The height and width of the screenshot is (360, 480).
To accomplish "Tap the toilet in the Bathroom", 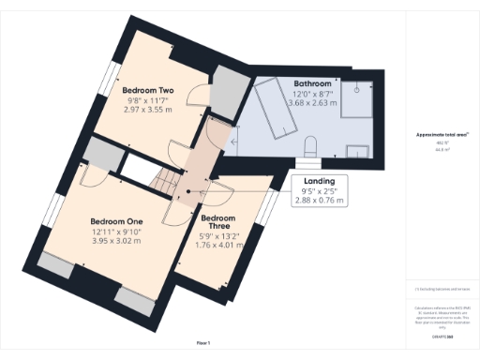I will [x=312, y=144].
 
